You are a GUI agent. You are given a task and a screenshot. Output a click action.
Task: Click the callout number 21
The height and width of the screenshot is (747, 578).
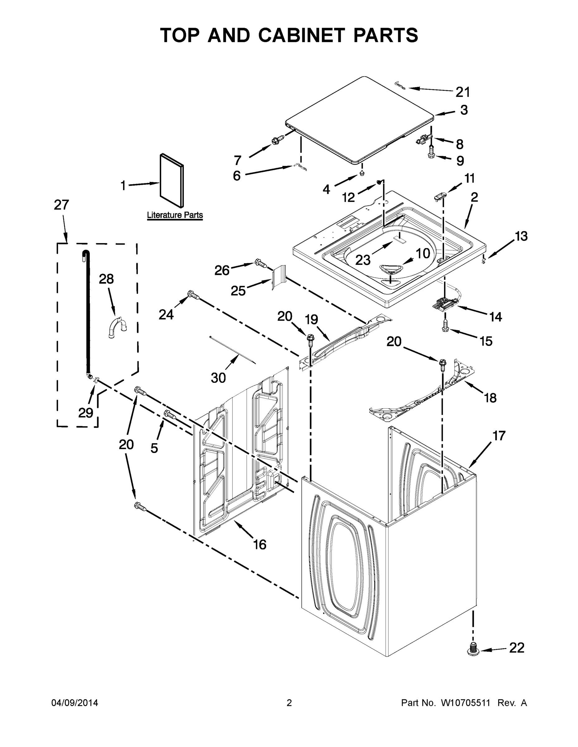tap(463, 92)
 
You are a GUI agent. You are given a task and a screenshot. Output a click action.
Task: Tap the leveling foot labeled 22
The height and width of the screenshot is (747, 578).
tap(473, 649)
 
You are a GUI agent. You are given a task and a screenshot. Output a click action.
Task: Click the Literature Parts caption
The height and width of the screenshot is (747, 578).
tap(174, 215)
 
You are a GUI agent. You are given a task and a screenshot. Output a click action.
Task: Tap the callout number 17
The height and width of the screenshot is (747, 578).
tap(499, 436)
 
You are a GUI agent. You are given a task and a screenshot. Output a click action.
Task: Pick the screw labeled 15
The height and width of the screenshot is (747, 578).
tap(445, 325)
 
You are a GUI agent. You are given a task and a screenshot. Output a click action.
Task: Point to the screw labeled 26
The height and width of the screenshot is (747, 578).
tap(260, 263)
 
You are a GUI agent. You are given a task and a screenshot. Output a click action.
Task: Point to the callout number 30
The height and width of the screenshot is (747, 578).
tap(218, 378)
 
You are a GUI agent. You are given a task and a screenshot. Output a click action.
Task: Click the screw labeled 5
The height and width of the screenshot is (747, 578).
tap(170, 415)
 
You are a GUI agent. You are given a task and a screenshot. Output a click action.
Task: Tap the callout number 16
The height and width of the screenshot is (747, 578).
tap(260, 544)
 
